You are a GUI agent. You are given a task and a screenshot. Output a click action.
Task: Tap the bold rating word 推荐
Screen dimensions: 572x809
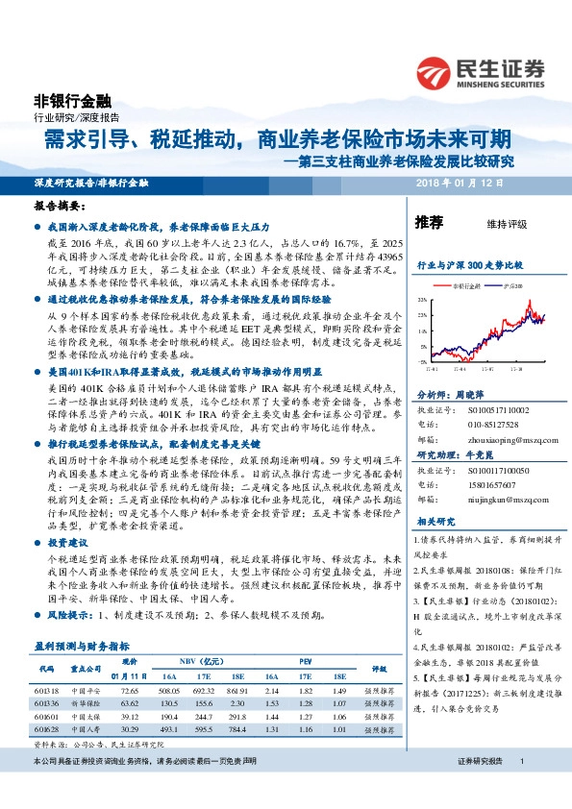[428, 223]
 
